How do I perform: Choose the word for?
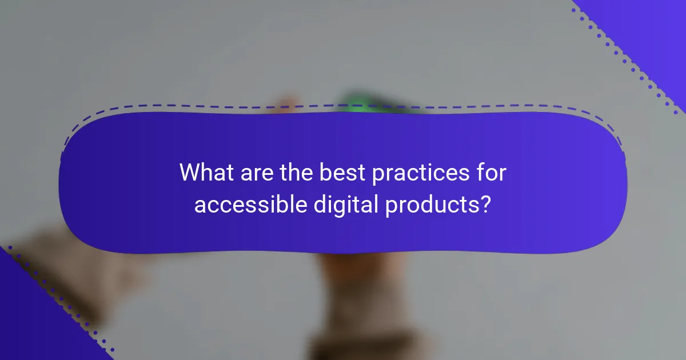pos(491,172)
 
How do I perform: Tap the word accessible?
pos(250,205)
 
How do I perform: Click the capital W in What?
pos(190,172)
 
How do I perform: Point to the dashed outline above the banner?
pos(343,107)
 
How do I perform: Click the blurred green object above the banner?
pos(360,103)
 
